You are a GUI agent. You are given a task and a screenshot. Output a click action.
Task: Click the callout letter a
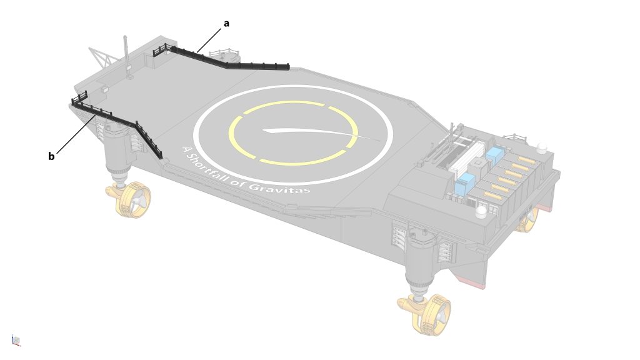click(226, 24)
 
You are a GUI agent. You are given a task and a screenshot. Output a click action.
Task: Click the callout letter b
click(51, 156)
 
